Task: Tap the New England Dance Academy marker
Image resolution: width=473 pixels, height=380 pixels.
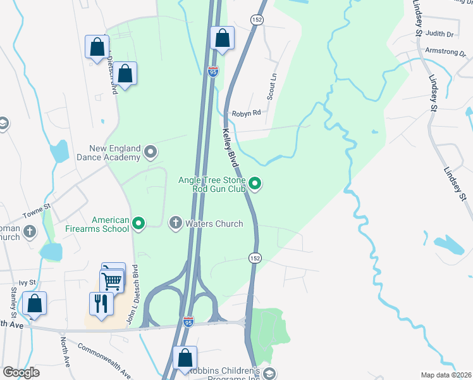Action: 150,152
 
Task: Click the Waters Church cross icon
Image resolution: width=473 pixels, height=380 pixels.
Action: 176,223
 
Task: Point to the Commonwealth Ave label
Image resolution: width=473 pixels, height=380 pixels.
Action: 104,358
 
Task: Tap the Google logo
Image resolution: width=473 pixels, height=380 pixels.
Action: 21,372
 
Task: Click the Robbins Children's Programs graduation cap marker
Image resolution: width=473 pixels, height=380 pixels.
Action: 270,373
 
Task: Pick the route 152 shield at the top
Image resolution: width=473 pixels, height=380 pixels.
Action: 258,20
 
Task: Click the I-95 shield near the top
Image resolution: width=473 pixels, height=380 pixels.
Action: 213,72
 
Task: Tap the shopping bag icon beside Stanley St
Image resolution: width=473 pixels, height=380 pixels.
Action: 34,303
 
